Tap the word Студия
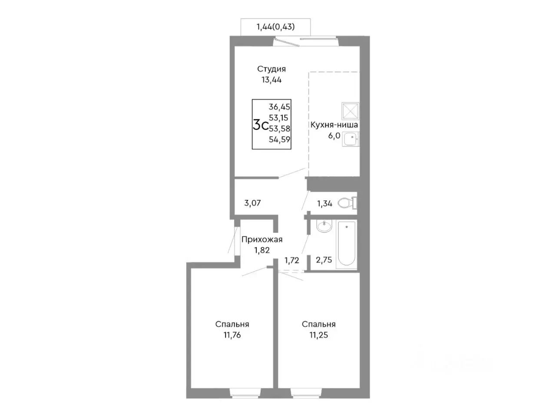[x=271, y=69]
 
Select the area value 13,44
[x=271, y=80]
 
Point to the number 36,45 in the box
[x=279, y=107]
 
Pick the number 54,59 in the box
[x=279, y=139]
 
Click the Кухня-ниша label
[x=334, y=125]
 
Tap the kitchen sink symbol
[x=350, y=139]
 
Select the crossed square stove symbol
[x=350, y=111]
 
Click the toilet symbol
[x=347, y=202]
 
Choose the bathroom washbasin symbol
[x=324, y=225]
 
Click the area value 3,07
[x=252, y=203]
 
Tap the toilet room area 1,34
[x=325, y=203]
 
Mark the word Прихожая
[x=261, y=239]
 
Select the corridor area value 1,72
[x=291, y=260]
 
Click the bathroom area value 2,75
[x=324, y=260]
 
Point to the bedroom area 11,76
[x=232, y=335]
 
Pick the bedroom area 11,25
[x=318, y=335]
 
